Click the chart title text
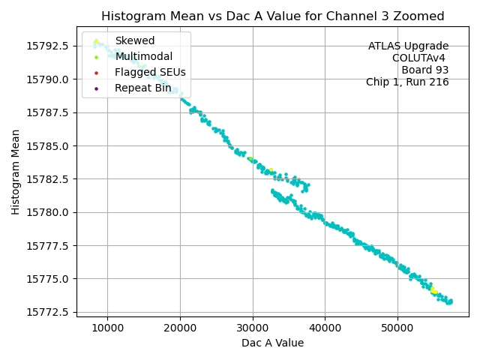click(x=272, y=16)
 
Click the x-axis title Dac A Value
click(x=272, y=343)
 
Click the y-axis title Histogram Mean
click(x=16, y=172)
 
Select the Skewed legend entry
click(x=134, y=40)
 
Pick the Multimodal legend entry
click(x=143, y=56)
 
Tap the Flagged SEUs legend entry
click(x=150, y=72)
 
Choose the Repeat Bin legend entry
click(x=142, y=88)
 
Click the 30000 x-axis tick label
click(x=253, y=328)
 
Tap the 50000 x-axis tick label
click(x=397, y=328)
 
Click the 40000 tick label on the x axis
click(x=325, y=328)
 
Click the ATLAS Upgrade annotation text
click(x=408, y=46)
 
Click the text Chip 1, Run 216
click(x=407, y=82)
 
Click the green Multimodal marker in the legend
click(x=96, y=57)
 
